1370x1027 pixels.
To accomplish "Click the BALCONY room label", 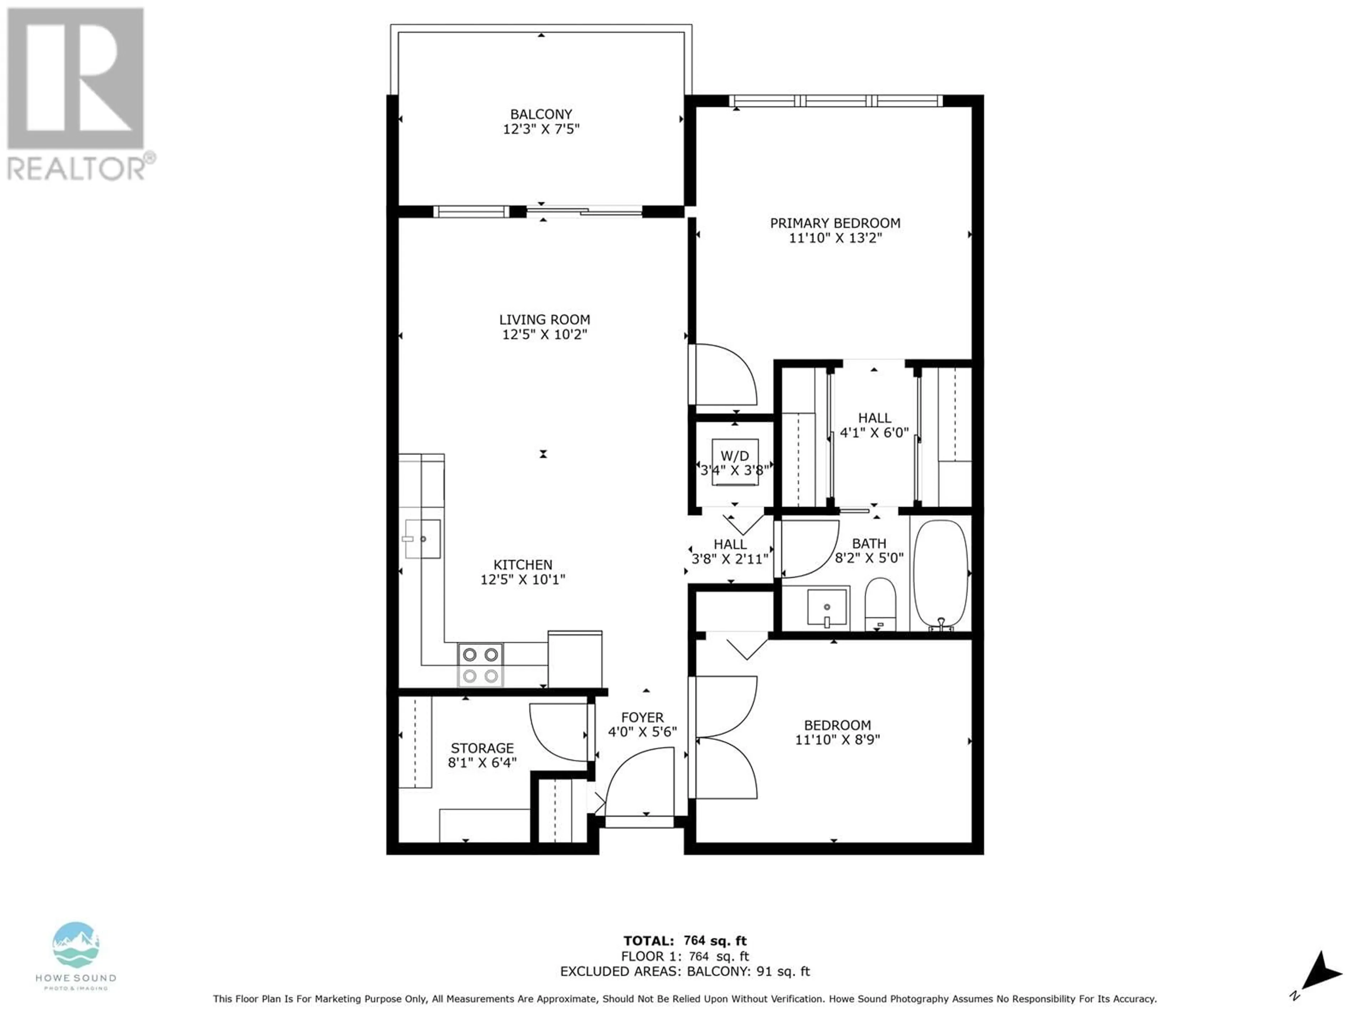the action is tap(541, 114).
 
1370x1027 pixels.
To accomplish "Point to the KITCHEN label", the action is tap(523, 564).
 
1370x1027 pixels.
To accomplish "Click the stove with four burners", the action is tap(480, 664).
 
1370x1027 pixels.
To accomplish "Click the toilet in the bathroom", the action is tap(879, 604).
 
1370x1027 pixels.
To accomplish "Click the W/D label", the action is tap(735, 456).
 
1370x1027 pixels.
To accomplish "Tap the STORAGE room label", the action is tap(482, 748).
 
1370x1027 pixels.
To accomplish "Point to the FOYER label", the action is tap(642, 717).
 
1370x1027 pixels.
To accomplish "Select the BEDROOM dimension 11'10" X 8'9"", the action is tap(837, 739).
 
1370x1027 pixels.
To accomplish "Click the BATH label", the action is tap(869, 543).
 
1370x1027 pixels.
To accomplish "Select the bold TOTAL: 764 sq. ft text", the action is tap(685, 941).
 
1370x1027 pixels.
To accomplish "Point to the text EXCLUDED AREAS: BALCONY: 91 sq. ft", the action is tap(685, 971).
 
